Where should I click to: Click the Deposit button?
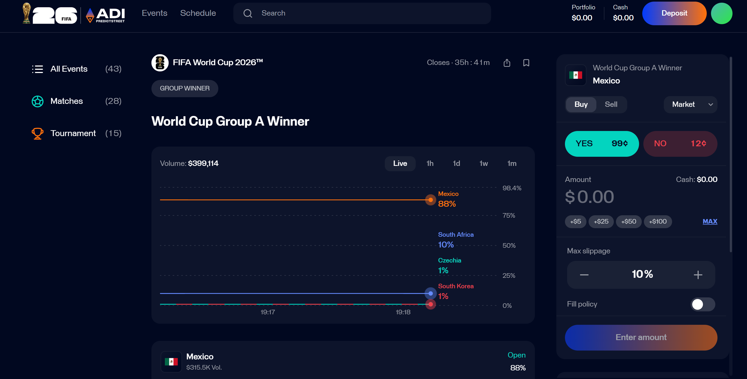pos(674,13)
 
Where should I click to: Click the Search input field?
pos(362,13)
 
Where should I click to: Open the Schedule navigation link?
pos(198,13)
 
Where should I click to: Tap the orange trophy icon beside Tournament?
pos(37,133)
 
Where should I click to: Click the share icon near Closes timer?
pos(507,63)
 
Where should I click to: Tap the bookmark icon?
pos(526,63)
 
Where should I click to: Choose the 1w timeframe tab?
pos(483,163)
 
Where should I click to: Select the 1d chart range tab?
pos(456,163)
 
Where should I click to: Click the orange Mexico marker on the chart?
pos(431,200)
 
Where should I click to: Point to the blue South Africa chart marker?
pos(431,293)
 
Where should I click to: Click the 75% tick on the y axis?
pos(509,216)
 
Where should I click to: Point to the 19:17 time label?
pos(268,312)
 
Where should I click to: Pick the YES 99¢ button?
pos(602,144)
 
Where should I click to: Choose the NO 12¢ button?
pos(680,144)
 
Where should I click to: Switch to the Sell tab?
pos(611,104)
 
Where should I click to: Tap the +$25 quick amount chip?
pos(601,221)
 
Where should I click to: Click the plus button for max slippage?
pos(698,275)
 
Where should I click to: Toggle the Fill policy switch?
pos(703,304)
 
